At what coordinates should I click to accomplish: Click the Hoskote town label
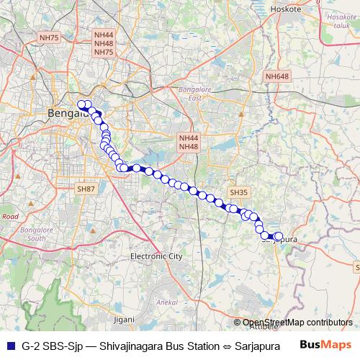[x=288, y=9]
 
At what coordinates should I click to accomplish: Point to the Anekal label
[x=167, y=302]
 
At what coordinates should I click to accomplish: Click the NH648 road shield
[x=276, y=76]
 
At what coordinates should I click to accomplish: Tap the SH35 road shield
[x=238, y=193]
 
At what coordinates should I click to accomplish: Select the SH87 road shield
[x=86, y=189]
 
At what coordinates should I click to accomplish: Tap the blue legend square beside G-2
[x=9, y=345]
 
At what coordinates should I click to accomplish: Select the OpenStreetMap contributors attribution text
[x=297, y=323]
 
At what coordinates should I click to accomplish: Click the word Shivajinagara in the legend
[x=127, y=345]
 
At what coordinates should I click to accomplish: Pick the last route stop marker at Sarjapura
[x=279, y=235]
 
